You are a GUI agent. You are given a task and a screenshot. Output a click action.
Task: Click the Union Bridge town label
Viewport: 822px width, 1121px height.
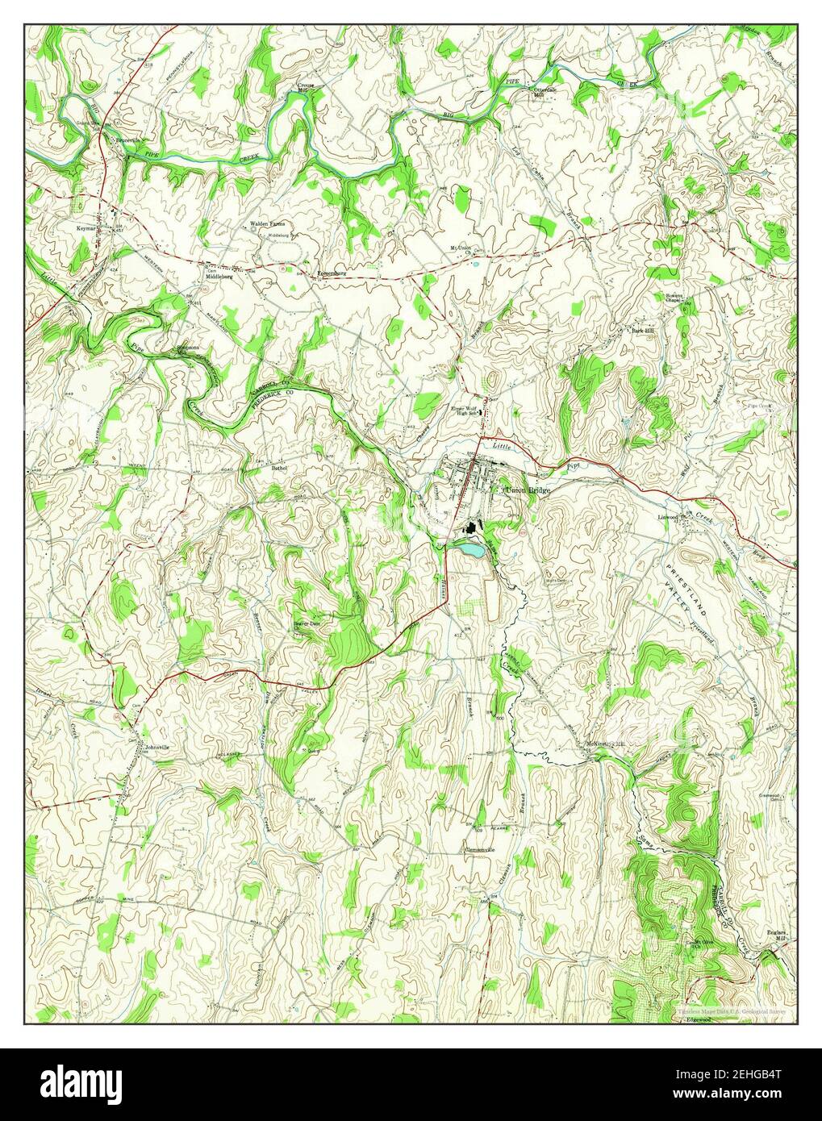coord(528,490)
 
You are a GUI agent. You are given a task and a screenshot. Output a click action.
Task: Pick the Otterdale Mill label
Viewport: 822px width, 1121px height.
coord(544,91)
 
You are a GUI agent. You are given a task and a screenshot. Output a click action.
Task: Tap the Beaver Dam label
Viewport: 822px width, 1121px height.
coord(307,623)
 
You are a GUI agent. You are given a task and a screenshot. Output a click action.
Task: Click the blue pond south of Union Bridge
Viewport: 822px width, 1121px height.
coord(467,550)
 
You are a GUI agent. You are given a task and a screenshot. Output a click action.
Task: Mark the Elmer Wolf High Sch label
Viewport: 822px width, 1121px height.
coord(465,410)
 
